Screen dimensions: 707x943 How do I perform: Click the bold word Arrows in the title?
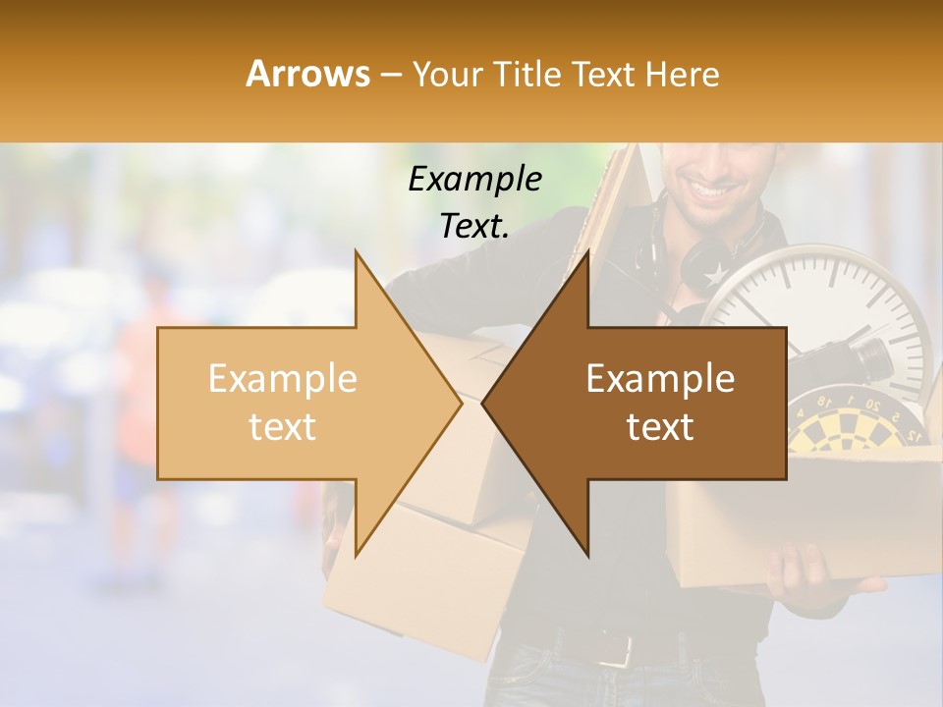pyautogui.click(x=308, y=74)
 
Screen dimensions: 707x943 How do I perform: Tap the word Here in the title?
pyautogui.click(x=682, y=74)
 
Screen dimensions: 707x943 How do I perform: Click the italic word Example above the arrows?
pyautogui.click(x=475, y=179)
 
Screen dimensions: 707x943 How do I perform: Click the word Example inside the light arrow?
pyautogui.click(x=283, y=379)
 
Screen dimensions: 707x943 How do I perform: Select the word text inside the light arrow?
pyautogui.click(x=283, y=427)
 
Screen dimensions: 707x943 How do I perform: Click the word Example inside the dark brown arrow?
pyautogui.click(x=660, y=379)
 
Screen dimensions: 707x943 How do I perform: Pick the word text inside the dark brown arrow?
pyautogui.click(x=660, y=427)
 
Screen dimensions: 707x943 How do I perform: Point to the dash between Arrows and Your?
pyautogui.click(x=391, y=75)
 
